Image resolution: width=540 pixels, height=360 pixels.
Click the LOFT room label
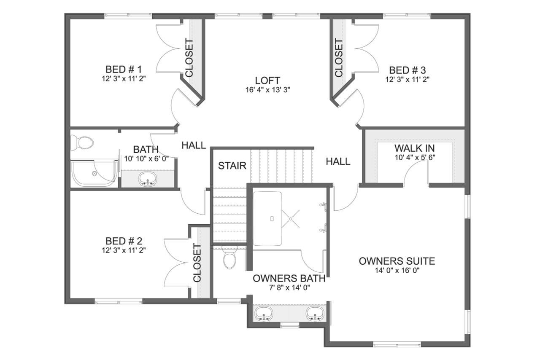(267, 80)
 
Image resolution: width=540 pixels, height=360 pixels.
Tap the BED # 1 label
(124, 69)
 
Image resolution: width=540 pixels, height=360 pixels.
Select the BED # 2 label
(124, 241)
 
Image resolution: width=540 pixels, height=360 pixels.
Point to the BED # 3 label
(407, 70)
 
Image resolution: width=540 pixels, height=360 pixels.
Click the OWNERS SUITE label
(397, 261)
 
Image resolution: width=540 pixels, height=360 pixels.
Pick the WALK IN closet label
(414, 148)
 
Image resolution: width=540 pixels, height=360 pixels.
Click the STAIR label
(232, 166)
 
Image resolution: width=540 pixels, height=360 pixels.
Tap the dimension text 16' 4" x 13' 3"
(267, 90)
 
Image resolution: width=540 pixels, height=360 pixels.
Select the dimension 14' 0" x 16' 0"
(397, 271)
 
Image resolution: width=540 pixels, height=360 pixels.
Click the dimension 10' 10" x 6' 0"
(146, 159)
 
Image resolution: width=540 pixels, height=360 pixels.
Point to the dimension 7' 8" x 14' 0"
(289, 288)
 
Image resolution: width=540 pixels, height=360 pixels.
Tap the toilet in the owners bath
(230, 258)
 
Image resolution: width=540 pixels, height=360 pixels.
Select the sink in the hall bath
(147, 179)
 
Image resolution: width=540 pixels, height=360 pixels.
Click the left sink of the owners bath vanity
(264, 314)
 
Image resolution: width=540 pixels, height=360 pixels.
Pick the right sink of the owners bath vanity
(315, 314)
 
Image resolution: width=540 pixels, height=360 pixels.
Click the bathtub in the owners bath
(267, 218)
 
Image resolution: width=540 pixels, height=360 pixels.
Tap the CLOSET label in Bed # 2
(197, 263)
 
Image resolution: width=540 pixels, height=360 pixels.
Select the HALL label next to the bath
(194, 145)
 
